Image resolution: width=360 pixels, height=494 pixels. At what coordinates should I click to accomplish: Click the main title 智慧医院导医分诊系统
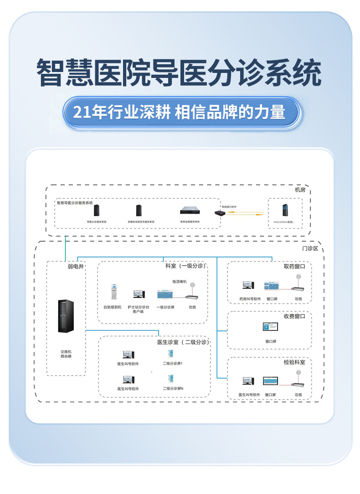(x=180, y=73)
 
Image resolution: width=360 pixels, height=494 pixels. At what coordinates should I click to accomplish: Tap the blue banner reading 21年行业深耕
(x=180, y=112)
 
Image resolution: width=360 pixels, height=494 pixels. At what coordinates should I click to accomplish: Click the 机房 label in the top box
(x=300, y=190)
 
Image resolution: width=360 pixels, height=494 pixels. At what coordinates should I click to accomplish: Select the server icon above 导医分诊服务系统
(x=97, y=211)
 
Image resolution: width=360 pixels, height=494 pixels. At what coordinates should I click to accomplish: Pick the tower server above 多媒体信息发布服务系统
(x=139, y=211)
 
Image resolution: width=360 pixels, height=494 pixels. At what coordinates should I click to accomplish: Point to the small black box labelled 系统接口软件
(x=221, y=213)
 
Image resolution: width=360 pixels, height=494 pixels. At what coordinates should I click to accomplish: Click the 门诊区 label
(x=310, y=249)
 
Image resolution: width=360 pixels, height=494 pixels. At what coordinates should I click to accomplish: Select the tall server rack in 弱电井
(x=66, y=316)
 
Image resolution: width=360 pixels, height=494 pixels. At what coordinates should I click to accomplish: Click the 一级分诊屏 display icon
(x=165, y=294)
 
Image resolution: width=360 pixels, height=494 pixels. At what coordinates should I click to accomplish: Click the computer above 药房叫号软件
(x=248, y=285)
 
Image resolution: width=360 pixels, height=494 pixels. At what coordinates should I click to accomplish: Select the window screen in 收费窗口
(x=271, y=327)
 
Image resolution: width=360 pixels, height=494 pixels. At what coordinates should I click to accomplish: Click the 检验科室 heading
(x=294, y=362)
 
